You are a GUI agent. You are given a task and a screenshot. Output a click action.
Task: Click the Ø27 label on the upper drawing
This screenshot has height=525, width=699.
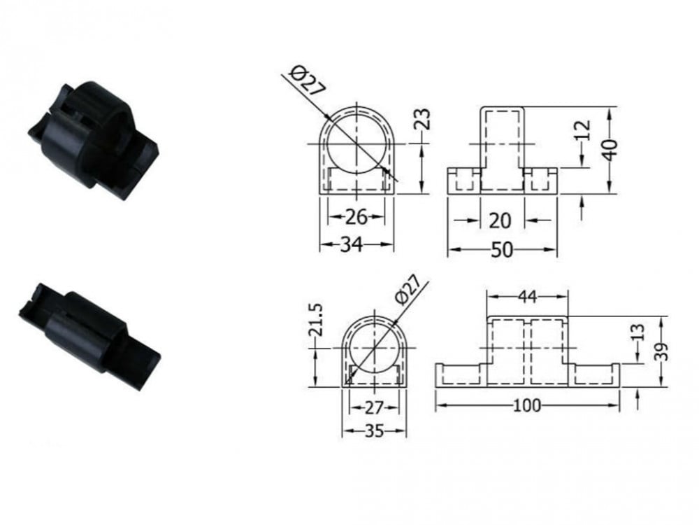[x=308, y=80]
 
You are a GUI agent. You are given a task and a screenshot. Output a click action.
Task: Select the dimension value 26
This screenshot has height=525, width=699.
[x=356, y=217]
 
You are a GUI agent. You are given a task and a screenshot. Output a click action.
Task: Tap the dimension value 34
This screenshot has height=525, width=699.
[x=352, y=244]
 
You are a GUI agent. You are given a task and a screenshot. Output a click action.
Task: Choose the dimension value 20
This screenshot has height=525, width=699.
[x=500, y=220]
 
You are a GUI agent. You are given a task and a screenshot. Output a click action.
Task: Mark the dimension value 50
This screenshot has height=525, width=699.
[x=502, y=250]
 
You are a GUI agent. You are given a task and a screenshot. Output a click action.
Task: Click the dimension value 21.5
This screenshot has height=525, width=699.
[x=315, y=319]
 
